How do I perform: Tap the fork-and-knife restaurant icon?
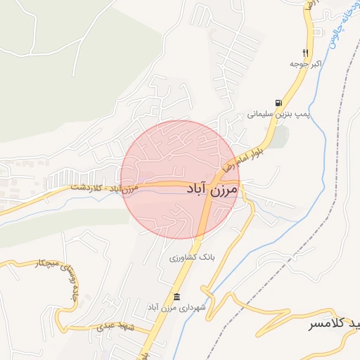point(305,53)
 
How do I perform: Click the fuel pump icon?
point(279,103)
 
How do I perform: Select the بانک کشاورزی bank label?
point(191,258)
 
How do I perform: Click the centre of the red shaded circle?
point(180,180)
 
